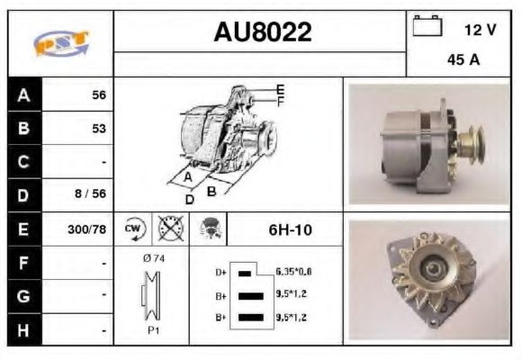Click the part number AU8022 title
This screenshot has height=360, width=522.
point(262,33)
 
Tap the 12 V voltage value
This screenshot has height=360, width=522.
point(480,30)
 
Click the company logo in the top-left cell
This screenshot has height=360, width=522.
point(60,43)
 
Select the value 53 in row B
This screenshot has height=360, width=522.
point(98,129)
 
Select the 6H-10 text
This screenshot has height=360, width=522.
point(290,229)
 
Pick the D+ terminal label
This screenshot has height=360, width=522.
point(220,271)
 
